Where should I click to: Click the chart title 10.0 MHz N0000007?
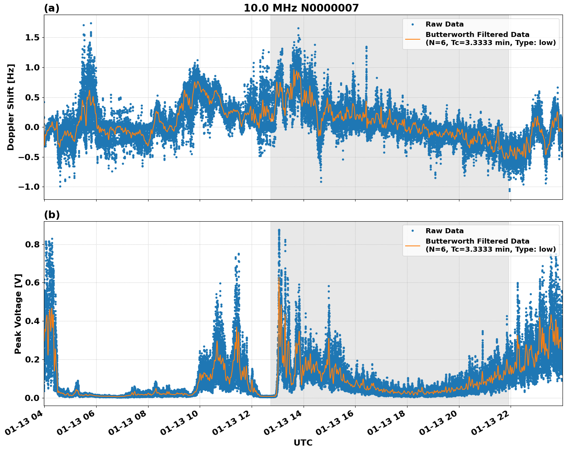(x=301, y=8)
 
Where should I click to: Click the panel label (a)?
(x=52, y=8)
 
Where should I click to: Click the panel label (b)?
(x=52, y=215)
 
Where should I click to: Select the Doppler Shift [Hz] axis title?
(x=11, y=107)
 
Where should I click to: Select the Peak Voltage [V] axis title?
(x=18, y=314)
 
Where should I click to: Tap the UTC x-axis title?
(x=303, y=443)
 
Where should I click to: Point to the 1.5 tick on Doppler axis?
(x=32, y=38)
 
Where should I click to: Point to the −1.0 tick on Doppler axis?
(x=29, y=187)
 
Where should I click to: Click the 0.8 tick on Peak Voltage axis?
(x=32, y=244)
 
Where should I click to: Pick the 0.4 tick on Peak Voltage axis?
(x=32, y=321)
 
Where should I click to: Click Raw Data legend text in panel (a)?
(x=444, y=25)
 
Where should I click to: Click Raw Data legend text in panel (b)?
(x=444, y=231)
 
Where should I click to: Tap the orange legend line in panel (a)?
(x=412, y=39)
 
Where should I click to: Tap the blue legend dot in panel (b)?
(x=412, y=231)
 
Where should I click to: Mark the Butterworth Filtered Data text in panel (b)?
(x=477, y=241)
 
